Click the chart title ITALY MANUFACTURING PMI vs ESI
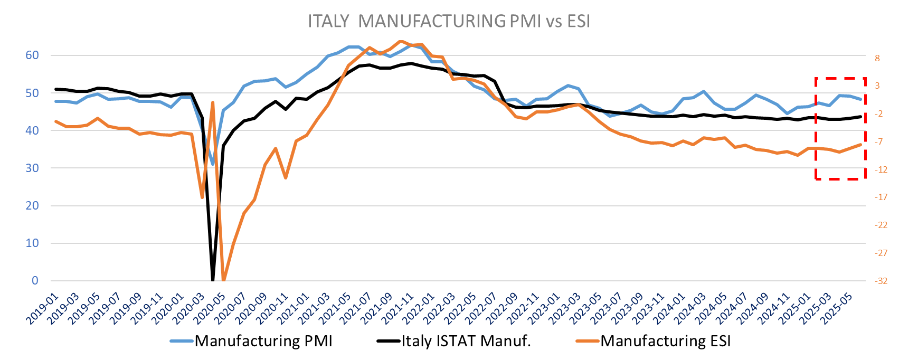click(449, 21)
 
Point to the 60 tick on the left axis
click(32, 55)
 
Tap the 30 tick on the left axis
click(32, 168)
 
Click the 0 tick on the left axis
click(35, 281)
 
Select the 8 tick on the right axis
click(877, 58)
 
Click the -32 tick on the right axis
click(881, 281)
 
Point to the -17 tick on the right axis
click(881, 197)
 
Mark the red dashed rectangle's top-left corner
click(816, 78)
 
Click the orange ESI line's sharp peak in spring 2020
click(213, 102)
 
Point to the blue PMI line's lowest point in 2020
click(213, 164)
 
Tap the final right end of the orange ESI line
click(860, 144)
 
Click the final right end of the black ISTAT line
click(860, 117)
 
